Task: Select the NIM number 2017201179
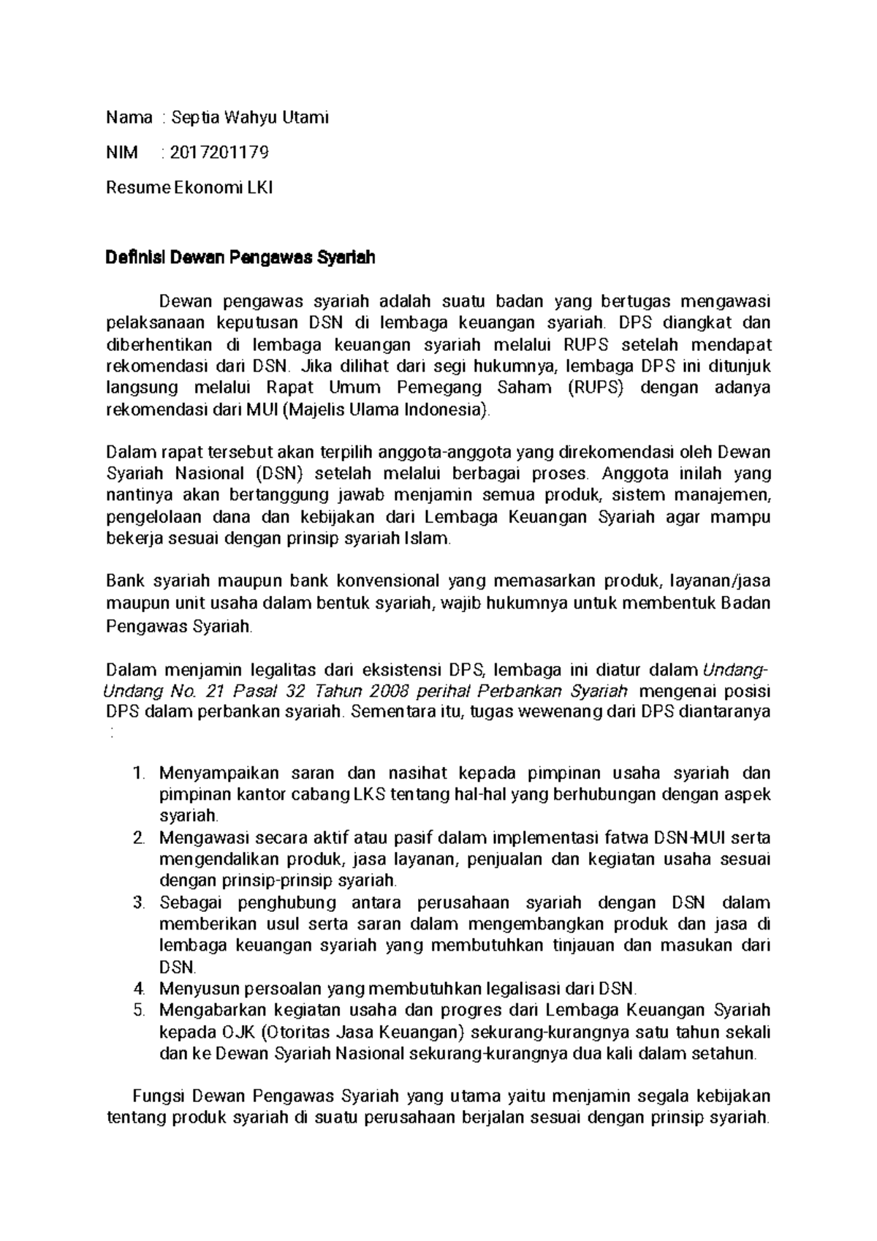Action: (x=219, y=152)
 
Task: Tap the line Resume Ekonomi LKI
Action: (x=189, y=188)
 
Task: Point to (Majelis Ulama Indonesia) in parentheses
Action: (x=385, y=410)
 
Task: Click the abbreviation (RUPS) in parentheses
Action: (x=596, y=388)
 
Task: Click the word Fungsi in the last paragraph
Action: (x=160, y=1096)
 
